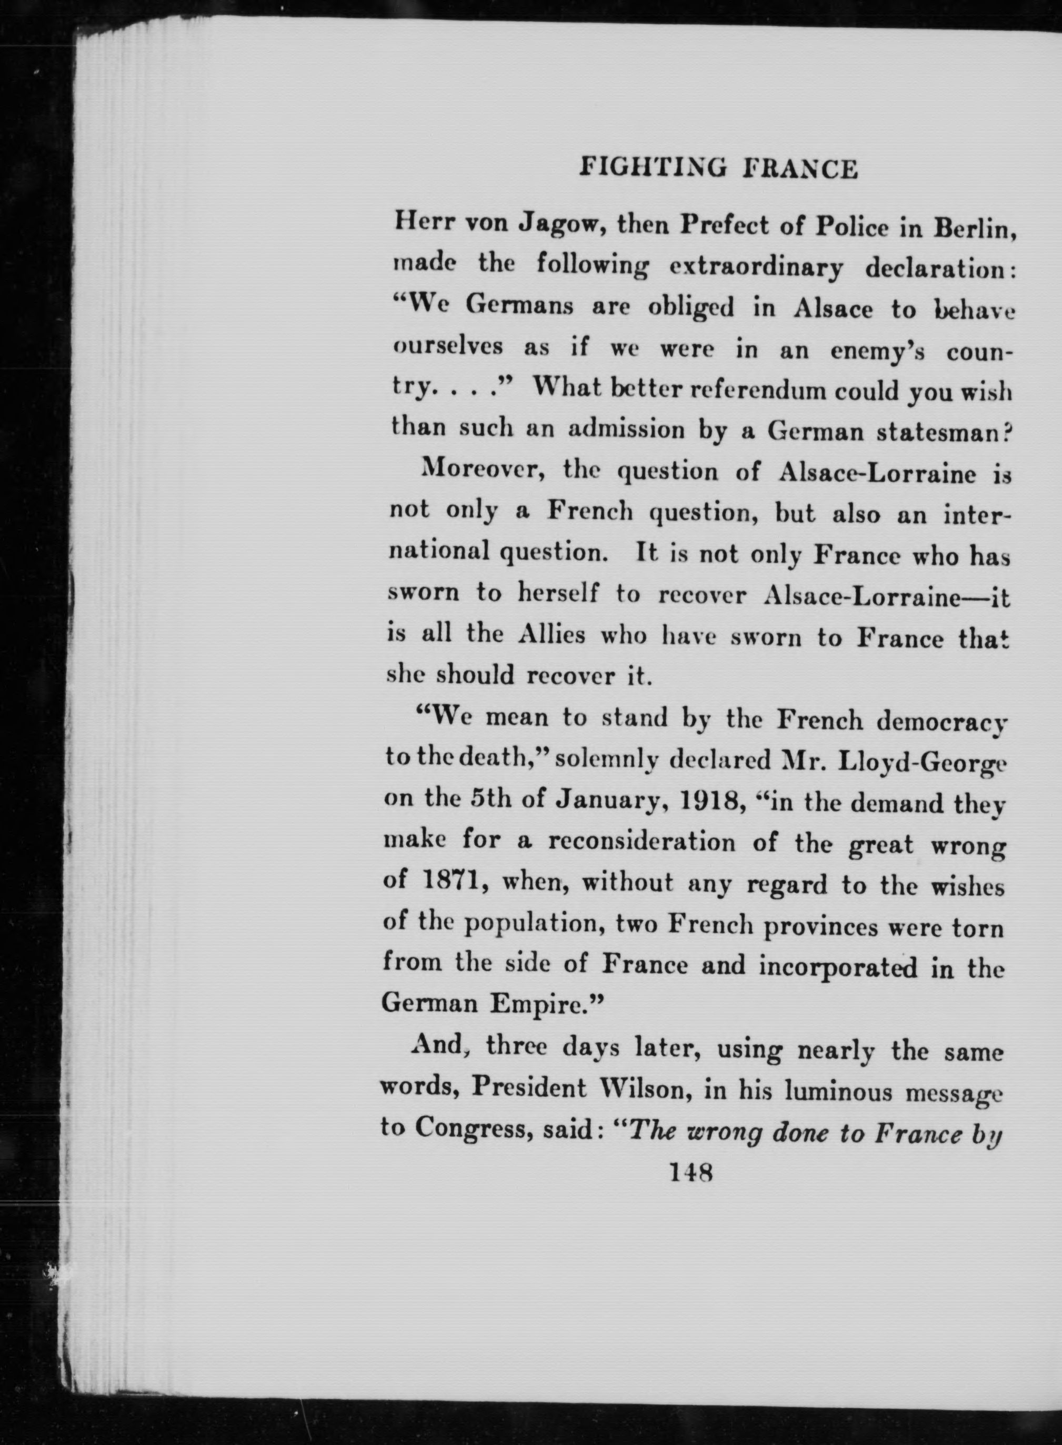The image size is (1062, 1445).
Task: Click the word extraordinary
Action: (755, 267)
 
